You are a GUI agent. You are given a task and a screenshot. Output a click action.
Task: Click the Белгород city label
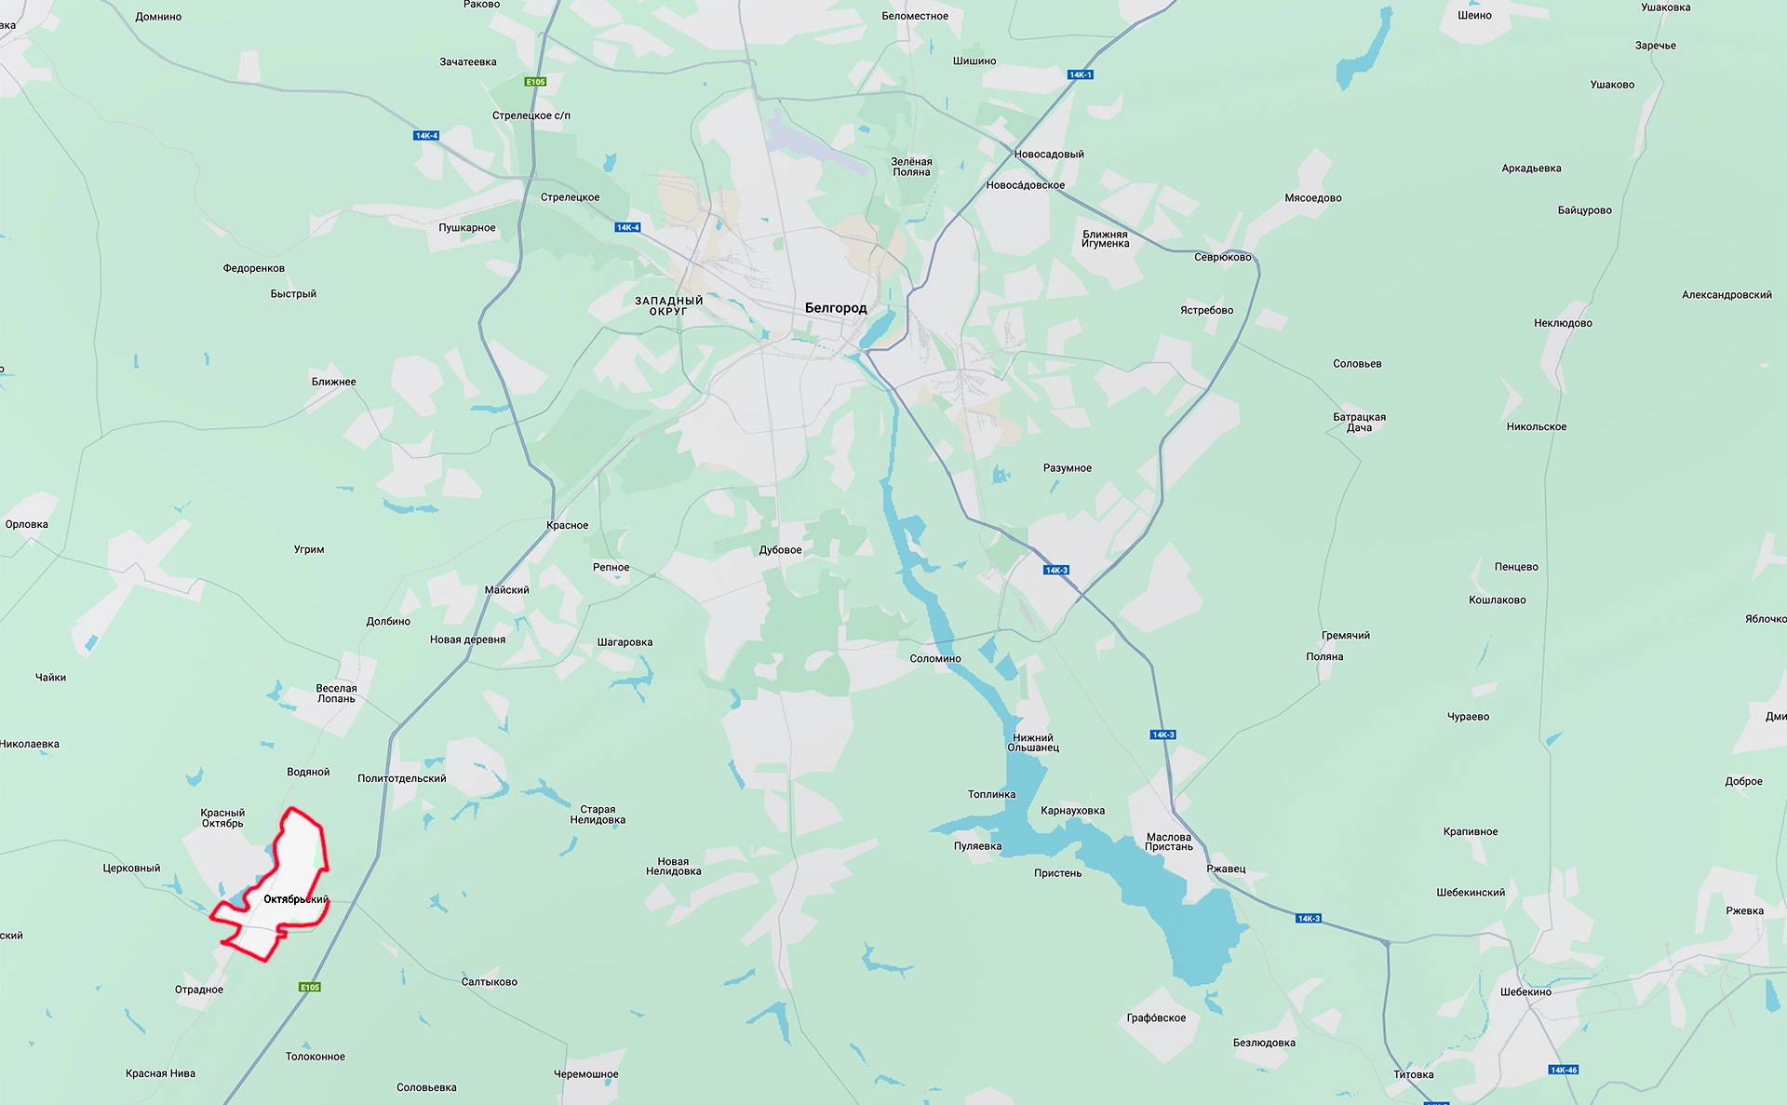coord(835,308)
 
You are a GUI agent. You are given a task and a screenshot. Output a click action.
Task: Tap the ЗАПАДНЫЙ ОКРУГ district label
coord(668,306)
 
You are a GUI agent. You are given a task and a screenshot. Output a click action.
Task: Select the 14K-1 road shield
coord(1080,74)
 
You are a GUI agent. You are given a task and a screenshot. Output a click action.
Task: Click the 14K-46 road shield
coord(1564,1070)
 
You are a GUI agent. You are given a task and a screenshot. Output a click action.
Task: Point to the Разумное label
coord(1067,468)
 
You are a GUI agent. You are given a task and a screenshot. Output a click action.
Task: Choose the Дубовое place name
coord(780,550)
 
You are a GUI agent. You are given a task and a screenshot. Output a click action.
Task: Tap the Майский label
coord(506,590)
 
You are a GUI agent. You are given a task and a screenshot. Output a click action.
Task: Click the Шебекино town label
coord(1525,992)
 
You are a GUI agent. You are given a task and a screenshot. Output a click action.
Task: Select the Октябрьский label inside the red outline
coord(295,899)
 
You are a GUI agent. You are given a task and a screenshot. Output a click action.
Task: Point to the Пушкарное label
coord(467,228)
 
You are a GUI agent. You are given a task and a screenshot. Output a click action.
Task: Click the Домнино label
coord(158,17)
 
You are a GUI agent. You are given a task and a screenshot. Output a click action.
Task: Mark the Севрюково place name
coord(1222,258)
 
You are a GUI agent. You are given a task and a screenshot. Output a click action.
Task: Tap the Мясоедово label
coord(1312,198)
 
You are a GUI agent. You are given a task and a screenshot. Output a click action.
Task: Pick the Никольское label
coord(1536,427)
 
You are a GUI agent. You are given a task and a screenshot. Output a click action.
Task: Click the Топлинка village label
coord(991,795)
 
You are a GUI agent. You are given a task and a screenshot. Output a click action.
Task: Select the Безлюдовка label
coord(1264,1043)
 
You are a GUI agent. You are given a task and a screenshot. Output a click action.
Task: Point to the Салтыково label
coord(489,982)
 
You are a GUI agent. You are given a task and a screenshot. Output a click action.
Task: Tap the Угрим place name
coord(309,550)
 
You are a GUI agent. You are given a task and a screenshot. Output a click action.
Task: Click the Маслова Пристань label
coord(1169,842)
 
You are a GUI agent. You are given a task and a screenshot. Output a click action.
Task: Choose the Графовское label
coord(1156,1018)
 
